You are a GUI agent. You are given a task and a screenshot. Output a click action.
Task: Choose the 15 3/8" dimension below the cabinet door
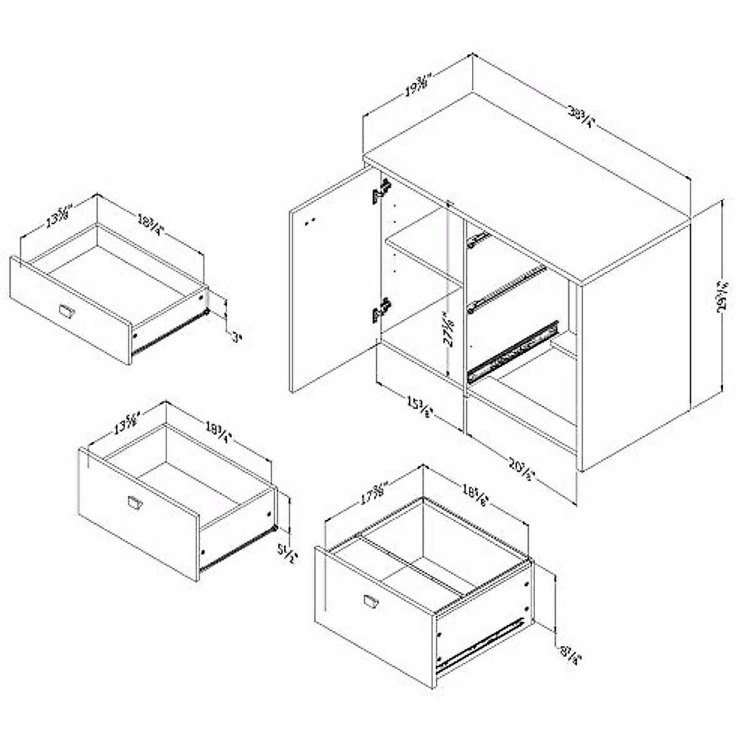point(417,404)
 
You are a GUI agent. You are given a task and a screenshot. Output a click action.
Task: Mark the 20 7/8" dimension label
point(522,470)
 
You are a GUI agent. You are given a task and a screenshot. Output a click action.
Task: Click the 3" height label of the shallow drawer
point(236,339)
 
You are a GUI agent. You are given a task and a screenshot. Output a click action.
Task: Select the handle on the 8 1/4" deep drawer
point(371,601)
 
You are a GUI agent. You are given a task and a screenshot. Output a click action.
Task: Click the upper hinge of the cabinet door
point(381,192)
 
